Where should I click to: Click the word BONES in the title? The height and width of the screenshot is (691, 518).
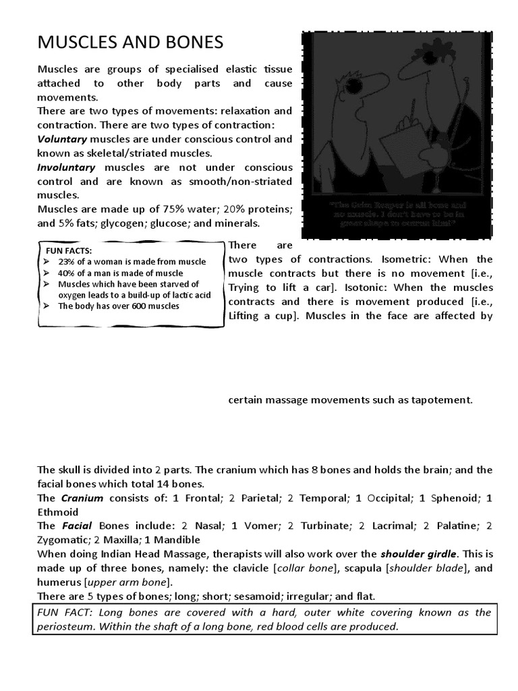coord(190,43)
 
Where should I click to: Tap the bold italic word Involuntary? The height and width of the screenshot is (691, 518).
coord(66,167)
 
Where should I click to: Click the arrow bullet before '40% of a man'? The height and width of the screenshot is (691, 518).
coord(48,273)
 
